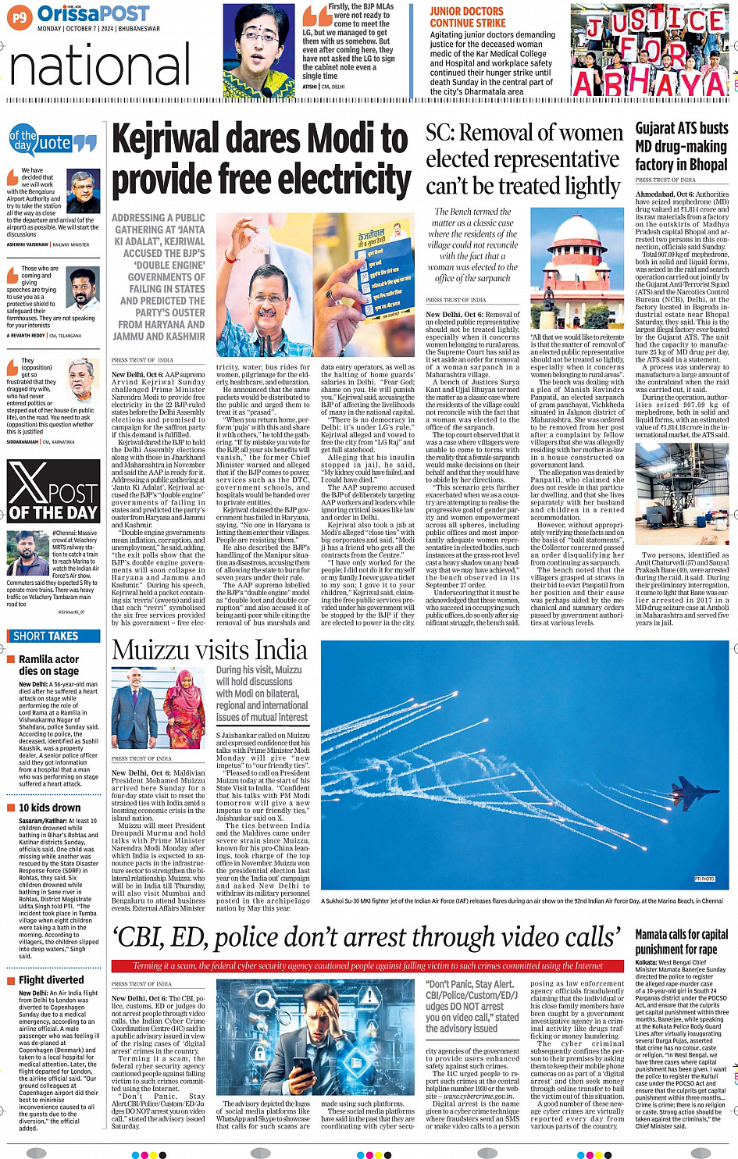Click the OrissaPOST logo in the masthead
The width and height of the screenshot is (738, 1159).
[94, 13]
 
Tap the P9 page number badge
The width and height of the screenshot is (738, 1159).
[20, 16]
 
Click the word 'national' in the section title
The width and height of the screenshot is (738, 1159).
[100, 66]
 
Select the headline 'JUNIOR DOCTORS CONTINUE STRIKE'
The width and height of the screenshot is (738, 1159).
[467, 17]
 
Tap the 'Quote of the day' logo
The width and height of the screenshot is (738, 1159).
[52, 141]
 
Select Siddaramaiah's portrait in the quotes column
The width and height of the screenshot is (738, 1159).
[83, 380]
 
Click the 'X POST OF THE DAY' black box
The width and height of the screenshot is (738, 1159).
[53, 491]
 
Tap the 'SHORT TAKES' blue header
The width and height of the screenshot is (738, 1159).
[46, 636]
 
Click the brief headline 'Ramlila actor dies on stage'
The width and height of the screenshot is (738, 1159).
[48, 665]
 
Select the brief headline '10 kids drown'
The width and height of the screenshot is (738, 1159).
[49, 808]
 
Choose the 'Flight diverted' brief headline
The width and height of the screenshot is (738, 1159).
[51, 979]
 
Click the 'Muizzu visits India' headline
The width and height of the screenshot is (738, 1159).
[209, 650]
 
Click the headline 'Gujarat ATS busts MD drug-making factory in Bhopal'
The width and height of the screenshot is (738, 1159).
[681, 146]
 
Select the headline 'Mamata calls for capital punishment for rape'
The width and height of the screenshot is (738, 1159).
[681, 941]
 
